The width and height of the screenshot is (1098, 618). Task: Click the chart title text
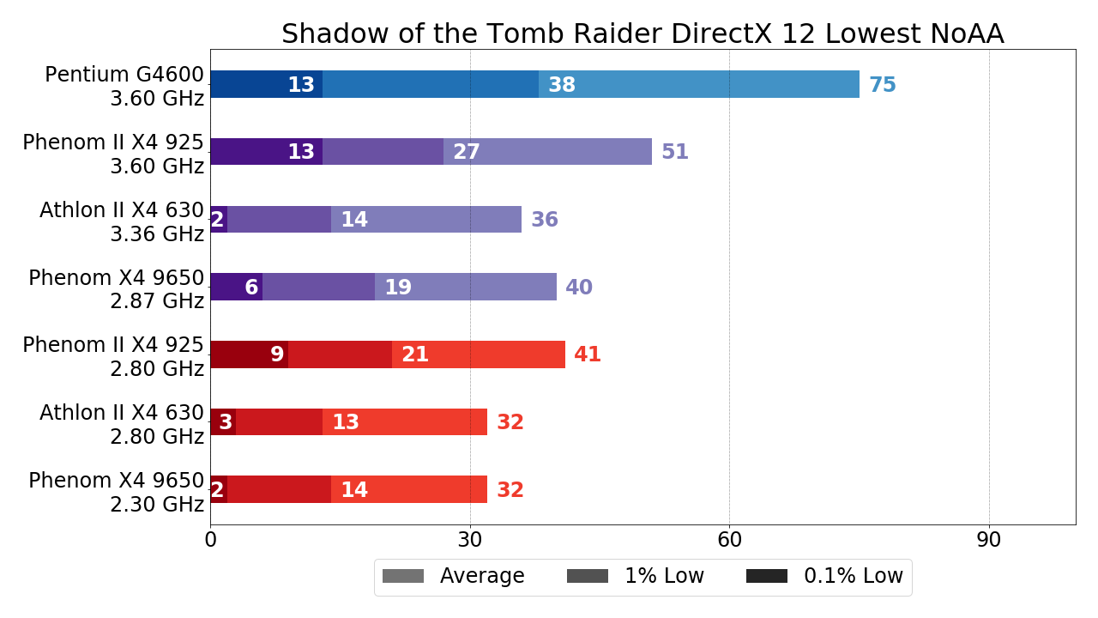coord(643,33)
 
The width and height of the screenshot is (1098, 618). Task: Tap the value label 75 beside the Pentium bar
coord(882,85)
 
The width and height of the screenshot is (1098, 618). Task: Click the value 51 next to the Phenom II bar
coord(674,152)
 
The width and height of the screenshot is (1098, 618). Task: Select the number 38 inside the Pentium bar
coord(561,85)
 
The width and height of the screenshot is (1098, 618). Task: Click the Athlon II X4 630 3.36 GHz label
coord(122,221)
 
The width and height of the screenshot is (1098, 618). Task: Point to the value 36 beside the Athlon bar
coord(544,220)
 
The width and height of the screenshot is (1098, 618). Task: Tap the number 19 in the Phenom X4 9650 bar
coord(397,288)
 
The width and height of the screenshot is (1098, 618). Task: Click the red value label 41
coord(587,354)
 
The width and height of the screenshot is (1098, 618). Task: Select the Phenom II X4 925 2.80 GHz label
coord(113,356)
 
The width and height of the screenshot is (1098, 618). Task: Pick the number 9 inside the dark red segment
coord(276,354)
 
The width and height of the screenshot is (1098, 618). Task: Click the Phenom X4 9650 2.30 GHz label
coord(117,492)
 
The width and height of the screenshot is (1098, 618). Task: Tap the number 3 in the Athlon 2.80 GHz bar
coord(225,422)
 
